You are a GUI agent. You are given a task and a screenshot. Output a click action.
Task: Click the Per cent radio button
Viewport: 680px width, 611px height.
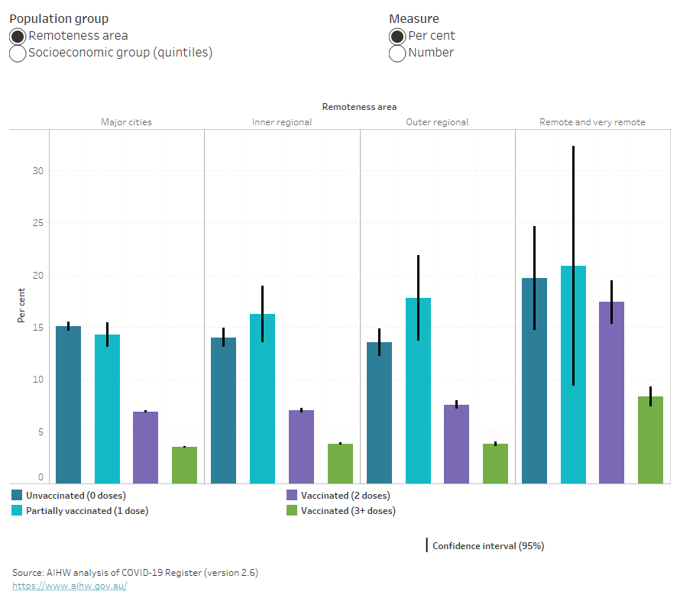[397, 36]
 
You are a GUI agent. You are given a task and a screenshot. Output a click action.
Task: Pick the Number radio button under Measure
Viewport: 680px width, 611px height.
[397, 53]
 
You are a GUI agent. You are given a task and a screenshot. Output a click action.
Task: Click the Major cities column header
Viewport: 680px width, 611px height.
[126, 122]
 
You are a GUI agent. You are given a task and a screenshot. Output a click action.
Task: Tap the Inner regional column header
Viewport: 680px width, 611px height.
[282, 122]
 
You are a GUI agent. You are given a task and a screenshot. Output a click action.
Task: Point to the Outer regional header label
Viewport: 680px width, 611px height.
[437, 122]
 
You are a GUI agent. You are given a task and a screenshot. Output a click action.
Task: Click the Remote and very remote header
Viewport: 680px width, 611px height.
[592, 122]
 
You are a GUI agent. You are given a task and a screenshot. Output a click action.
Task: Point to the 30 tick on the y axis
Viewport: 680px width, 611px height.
[38, 171]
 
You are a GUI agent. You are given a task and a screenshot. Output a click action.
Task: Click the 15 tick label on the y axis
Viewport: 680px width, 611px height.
[38, 328]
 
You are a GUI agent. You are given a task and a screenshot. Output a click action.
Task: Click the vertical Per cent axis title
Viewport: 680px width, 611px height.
[22, 305]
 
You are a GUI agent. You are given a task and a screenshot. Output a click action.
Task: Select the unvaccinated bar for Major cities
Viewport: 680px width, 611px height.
[68, 405]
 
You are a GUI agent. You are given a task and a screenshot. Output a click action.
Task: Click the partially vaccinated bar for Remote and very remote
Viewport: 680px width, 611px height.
[573, 374]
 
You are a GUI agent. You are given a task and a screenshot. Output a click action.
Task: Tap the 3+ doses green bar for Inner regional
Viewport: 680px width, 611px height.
[340, 464]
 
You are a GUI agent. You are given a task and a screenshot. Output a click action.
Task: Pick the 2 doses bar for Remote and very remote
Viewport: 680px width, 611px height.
[611, 393]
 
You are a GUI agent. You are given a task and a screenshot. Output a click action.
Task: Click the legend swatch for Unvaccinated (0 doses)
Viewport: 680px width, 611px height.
[17, 496]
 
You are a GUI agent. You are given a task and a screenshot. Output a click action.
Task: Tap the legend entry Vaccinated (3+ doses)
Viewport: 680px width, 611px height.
[348, 511]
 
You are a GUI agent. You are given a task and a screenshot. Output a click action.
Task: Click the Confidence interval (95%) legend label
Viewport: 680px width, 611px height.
[487, 546]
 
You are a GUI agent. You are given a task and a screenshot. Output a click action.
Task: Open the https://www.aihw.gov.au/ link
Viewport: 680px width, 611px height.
[70, 586]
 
